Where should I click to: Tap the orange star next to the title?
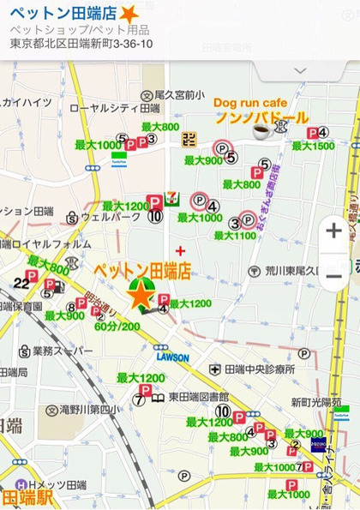(128, 15)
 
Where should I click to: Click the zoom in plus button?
(333, 231)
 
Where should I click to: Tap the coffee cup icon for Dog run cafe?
(261, 131)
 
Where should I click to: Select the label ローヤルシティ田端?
(114, 109)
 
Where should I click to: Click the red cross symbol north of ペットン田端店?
(179, 250)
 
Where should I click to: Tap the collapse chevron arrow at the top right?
(301, 69)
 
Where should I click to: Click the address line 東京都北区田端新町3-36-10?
(81, 44)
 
